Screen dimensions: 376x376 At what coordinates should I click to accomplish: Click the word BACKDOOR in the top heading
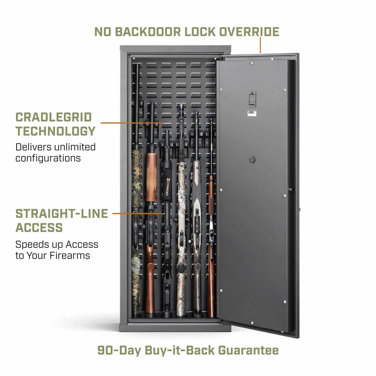click(148, 32)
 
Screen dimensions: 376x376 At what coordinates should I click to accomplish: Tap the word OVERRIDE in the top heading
click(249, 32)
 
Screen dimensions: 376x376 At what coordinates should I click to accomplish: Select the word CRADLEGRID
click(54, 117)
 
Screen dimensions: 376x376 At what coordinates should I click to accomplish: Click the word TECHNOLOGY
click(55, 131)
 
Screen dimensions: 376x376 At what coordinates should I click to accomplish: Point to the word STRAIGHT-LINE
click(62, 214)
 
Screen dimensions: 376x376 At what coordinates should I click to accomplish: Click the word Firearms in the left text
click(70, 256)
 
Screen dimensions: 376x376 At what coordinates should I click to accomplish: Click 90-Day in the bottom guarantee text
click(119, 350)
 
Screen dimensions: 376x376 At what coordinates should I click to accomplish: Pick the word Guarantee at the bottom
click(249, 350)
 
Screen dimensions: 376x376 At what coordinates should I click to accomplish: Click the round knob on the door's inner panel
click(252, 159)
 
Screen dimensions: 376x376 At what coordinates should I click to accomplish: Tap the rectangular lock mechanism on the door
click(252, 99)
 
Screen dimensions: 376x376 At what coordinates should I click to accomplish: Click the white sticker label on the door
click(252, 114)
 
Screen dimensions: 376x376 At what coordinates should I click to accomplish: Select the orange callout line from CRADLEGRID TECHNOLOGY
click(132, 123)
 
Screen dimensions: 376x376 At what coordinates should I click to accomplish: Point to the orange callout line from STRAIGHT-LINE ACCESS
click(137, 213)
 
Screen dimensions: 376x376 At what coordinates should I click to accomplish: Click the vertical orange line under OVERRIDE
click(260, 45)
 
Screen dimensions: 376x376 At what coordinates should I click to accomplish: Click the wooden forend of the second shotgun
click(151, 177)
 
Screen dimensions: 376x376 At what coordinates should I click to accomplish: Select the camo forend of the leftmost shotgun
click(136, 179)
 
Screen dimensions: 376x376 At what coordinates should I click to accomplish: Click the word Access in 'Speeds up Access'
click(82, 245)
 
